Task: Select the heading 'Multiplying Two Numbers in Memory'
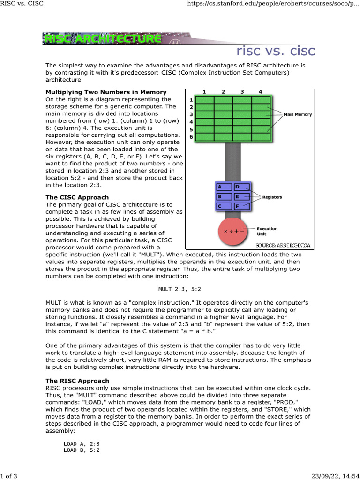(x=105, y=92)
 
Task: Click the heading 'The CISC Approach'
(x=77, y=198)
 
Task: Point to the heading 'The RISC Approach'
(x=77, y=381)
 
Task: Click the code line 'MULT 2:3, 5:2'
(x=180, y=289)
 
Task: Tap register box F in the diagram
(x=242, y=205)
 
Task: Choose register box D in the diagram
(x=242, y=187)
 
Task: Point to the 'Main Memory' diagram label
(x=298, y=114)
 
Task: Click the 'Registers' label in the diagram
(x=272, y=197)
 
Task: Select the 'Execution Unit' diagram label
(x=267, y=231)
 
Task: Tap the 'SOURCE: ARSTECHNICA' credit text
(x=283, y=245)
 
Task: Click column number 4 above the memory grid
(x=260, y=91)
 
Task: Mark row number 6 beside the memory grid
(x=191, y=137)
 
